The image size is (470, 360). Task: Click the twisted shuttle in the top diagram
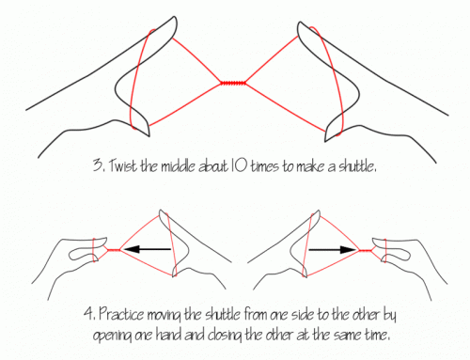coord(233,83)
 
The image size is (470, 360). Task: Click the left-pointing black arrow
coord(148,249)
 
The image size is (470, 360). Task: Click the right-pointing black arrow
coord(333,250)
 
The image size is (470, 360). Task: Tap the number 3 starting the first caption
coord(98,165)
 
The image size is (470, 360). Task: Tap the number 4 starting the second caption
coord(89,314)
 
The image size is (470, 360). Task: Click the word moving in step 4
coord(164,316)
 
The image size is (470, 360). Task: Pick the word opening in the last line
coord(113,336)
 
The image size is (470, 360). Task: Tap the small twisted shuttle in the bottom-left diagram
coord(114,250)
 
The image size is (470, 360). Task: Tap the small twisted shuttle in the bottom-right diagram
coord(365,250)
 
